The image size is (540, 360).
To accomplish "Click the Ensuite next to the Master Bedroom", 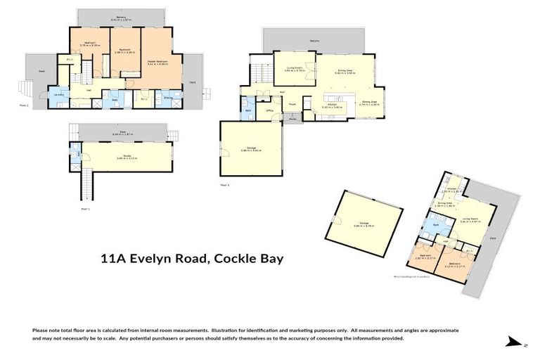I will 169,98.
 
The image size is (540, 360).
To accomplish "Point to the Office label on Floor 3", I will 270,110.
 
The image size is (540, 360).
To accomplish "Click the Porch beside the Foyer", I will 292,119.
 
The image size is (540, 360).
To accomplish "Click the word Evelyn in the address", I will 174,259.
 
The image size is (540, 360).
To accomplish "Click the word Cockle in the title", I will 233,259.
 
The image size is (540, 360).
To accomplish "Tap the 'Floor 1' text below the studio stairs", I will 85,208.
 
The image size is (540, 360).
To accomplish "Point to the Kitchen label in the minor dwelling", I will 453,188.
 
